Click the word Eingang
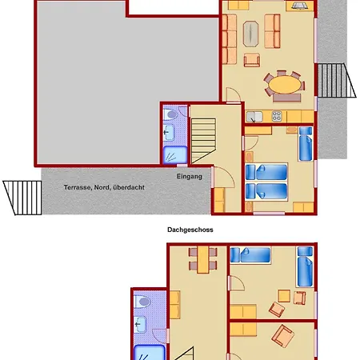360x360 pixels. point(190,177)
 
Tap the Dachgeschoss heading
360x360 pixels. point(190,230)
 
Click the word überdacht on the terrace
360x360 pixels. point(129,187)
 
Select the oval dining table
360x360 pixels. point(285,85)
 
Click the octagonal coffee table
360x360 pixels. point(250,34)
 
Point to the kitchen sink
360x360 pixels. point(254,117)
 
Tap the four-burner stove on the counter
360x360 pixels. point(277,116)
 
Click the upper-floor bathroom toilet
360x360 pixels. point(142,302)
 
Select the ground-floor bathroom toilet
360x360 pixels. point(170,115)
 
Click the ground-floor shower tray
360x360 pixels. point(175,155)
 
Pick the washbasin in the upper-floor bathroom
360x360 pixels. point(140,325)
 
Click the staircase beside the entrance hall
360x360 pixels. point(203,141)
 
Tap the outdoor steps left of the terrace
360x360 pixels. point(22,198)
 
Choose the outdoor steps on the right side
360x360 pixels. point(337,80)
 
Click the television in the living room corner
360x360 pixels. point(300,6)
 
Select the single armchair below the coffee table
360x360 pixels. point(252,60)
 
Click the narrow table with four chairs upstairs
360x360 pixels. point(203,259)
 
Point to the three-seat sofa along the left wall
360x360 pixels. point(230,39)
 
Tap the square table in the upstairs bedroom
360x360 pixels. point(284,296)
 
